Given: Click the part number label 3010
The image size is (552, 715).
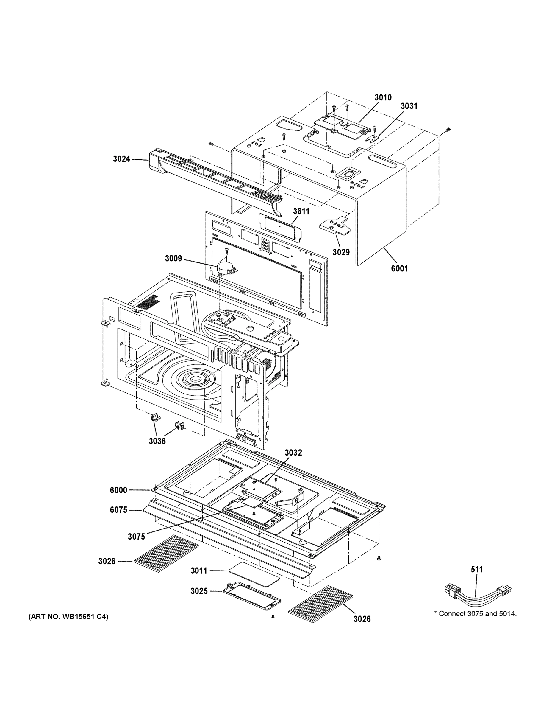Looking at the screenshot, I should [x=383, y=97].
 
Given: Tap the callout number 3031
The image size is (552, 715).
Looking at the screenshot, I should [x=409, y=106].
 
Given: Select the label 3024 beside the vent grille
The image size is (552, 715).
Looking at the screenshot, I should [x=121, y=159].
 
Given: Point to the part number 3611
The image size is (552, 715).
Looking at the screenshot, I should [x=301, y=211].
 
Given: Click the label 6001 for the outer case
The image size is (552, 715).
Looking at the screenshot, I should [x=399, y=268].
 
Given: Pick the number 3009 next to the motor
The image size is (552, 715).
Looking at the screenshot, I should [x=173, y=258].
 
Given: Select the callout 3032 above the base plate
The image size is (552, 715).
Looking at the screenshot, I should [x=293, y=453].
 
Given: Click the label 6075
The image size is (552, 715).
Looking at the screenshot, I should [x=118, y=510].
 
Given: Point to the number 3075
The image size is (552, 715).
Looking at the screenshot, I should [x=136, y=537].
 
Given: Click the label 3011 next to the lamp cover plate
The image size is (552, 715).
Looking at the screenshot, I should [x=199, y=571].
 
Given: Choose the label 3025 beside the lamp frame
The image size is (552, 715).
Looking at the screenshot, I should [x=199, y=591].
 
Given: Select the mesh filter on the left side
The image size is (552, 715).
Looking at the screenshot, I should [x=166, y=553].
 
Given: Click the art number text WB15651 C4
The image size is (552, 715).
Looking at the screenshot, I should [x=68, y=617].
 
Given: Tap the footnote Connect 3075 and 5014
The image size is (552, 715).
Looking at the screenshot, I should [x=475, y=613].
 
